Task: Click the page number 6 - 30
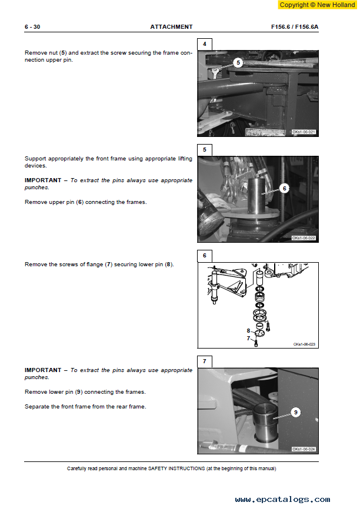coord(32,27)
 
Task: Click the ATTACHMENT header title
coord(171,27)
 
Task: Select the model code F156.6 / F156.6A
coord(295,27)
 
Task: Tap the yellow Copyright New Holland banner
coord(317,5)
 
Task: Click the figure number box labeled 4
coord(204,44)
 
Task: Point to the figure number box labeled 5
coord(204,150)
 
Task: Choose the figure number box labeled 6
coord(204,256)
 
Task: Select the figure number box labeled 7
coord(204,361)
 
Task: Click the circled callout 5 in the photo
coord(238,63)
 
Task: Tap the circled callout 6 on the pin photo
coord(285,188)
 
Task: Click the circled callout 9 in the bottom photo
coord(296,412)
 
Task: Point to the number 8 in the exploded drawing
coord(248,331)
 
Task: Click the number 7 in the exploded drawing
coord(248,338)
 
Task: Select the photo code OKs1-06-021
coord(304,132)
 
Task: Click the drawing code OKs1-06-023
coord(304,344)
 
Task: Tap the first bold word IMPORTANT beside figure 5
coord(43,180)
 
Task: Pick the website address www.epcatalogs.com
coord(282,499)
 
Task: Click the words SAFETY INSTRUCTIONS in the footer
coord(176,468)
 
